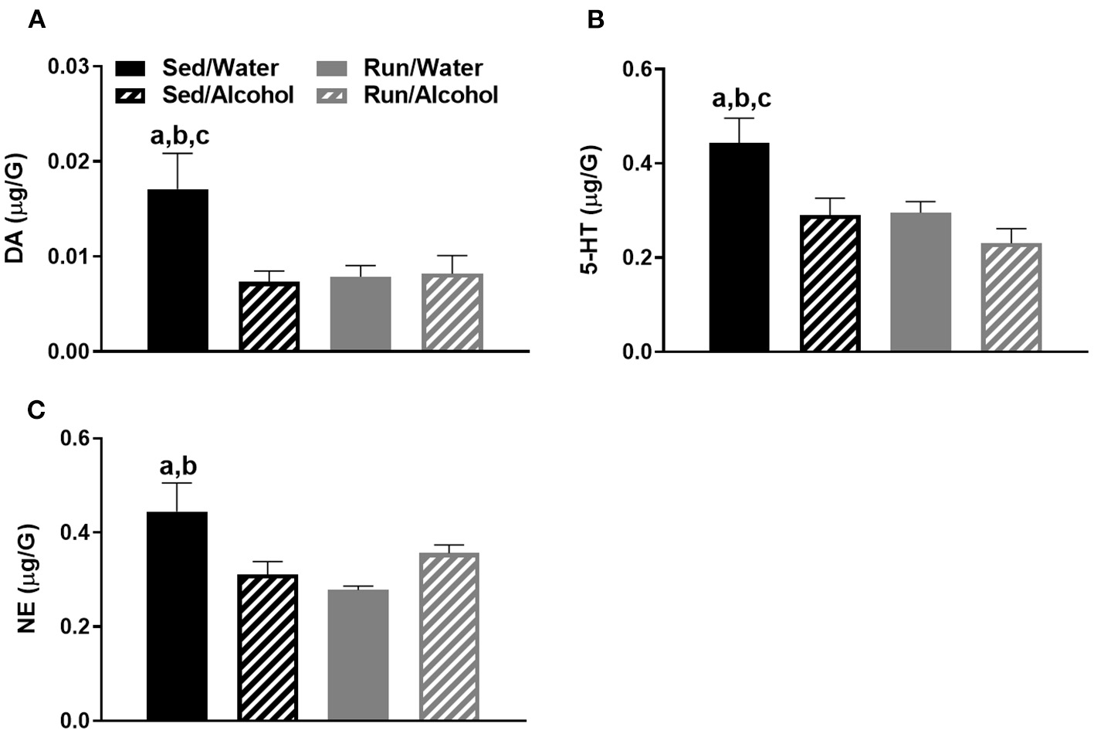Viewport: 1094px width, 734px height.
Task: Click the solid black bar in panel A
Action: click(178, 270)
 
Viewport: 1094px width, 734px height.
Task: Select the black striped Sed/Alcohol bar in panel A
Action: click(269, 317)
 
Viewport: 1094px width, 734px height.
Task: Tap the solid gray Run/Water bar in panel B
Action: click(920, 282)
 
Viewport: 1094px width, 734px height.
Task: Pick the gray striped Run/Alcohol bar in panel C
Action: click(449, 637)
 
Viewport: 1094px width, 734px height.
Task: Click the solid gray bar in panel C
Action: click(358, 655)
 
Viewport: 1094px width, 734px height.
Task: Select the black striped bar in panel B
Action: click(830, 284)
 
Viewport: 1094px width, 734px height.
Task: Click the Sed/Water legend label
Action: click(220, 68)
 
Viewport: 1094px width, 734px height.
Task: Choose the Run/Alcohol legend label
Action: click(431, 95)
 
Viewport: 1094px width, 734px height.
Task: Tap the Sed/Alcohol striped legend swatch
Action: click(130, 96)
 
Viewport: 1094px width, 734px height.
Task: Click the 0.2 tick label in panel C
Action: click(76, 627)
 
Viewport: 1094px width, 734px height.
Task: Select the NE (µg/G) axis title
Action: click(28, 579)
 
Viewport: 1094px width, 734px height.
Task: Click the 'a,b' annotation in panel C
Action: click(178, 467)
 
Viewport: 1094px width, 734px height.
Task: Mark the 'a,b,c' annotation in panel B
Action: click(741, 99)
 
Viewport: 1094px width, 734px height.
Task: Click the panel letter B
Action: click(595, 20)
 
